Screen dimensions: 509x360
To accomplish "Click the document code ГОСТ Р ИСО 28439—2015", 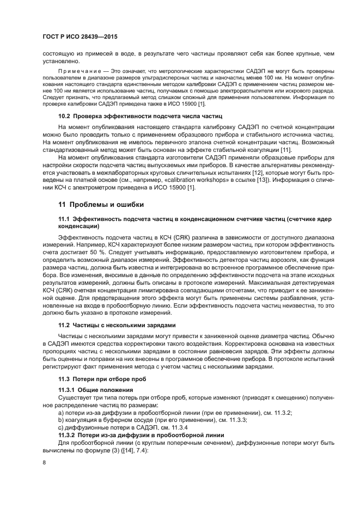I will (80, 36).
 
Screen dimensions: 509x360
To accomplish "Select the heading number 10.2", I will (65, 116).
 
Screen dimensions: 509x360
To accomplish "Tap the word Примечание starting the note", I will (81, 71).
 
